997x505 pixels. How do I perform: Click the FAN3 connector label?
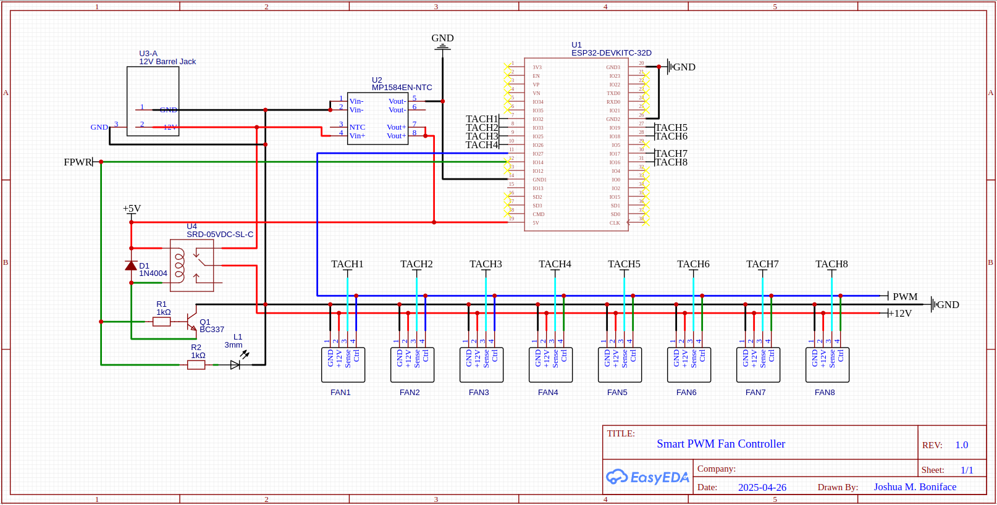pos(479,392)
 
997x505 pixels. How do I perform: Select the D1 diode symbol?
pos(131,265)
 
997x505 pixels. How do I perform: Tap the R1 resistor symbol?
pos(162,322)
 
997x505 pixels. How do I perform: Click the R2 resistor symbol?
pos(196,365)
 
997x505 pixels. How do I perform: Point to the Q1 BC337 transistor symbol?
pos(191,321)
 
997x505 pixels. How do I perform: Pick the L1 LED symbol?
pos(235,365)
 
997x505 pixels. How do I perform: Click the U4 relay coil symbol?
pos(179,265)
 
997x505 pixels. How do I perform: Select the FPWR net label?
pos(78,162)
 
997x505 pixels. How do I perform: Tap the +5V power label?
pos(132,209)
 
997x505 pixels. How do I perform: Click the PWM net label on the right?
pos(905,297)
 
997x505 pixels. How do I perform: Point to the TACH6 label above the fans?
pos(693,264)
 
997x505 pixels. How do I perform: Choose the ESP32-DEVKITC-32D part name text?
pos(611,53)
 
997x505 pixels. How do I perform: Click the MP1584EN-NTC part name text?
pos(402,88)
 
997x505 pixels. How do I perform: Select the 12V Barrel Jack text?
pos(167,62)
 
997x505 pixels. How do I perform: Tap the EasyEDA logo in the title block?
pos(647,477)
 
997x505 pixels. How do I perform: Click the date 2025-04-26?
pos(762,487)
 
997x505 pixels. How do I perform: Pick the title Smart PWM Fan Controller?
pos(721,444)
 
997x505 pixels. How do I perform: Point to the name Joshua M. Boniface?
pos(915,487)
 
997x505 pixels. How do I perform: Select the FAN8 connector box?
pos(827,365)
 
